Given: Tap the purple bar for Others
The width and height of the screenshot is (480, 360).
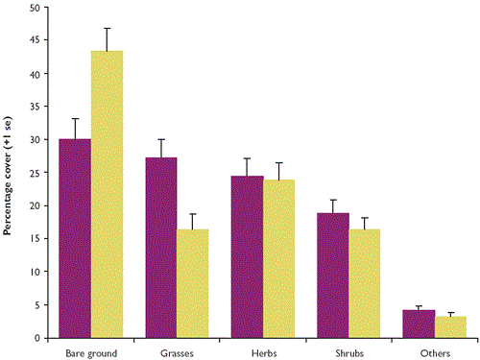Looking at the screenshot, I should tap(419, 324).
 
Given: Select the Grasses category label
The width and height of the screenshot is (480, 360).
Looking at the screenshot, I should tap(177, 352).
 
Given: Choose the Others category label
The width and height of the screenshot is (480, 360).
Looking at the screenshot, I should tap(435, 352).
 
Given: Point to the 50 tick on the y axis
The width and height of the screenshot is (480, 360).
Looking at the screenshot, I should tap(34, 8).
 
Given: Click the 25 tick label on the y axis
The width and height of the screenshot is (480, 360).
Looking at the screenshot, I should tap(34, 173).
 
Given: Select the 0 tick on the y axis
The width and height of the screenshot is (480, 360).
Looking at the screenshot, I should tap(36, 338).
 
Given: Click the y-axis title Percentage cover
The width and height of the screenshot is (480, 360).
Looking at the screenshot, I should tap(8, 173).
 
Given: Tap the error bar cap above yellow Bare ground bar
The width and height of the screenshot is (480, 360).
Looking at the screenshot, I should tap(107, 28).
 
